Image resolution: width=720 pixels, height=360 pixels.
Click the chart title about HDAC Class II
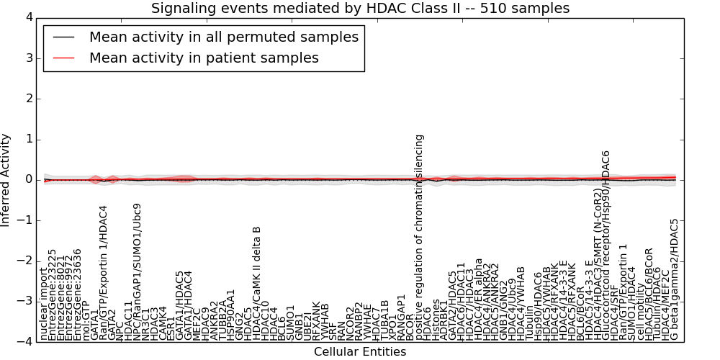pos(360,8)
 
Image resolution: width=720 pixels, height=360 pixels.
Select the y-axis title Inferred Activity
pos(6,179)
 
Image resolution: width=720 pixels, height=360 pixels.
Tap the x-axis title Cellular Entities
pos(360,352)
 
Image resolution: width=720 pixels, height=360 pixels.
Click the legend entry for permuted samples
pos(223,37)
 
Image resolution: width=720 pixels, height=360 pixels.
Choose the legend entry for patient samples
pos(204,58)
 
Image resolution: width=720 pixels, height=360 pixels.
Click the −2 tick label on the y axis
pos(24,261)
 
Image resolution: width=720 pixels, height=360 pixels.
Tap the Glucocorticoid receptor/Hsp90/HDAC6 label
pos(606,245)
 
